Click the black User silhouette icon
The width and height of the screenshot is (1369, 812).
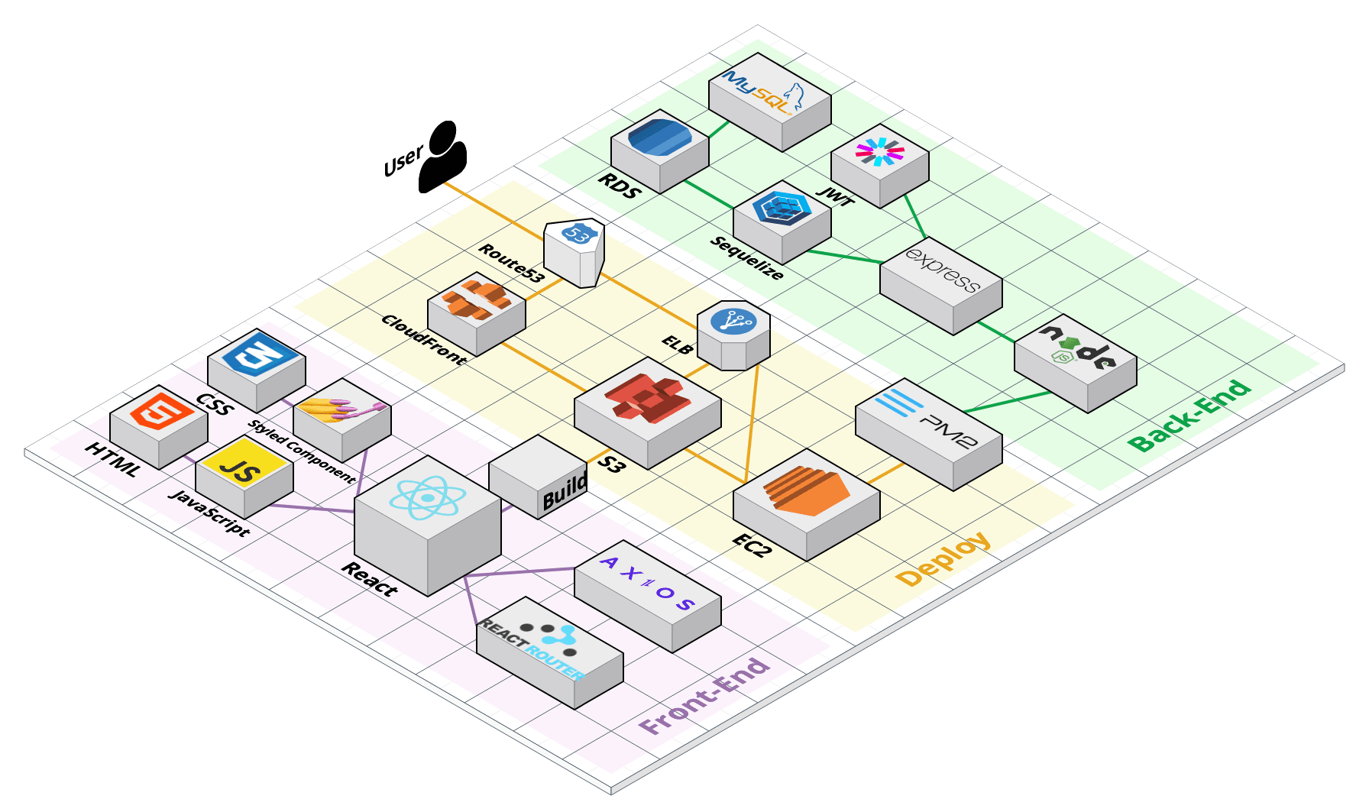[x=442, y=159]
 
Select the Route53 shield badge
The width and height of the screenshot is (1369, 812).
[x=577, y=235]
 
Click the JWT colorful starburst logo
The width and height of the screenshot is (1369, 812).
[x=880, y=151]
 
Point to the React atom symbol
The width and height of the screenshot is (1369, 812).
[x=427, y=498]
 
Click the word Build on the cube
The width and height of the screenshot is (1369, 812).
[x=565, y=491]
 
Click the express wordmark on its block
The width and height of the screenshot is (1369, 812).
[x=941, y=270]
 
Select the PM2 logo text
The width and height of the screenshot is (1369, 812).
[x=926, y=418]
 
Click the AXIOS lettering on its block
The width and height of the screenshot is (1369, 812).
[x=647, y=583]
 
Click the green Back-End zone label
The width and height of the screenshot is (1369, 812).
[x=1189, y=416]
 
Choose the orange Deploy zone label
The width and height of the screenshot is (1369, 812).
[x=943, y=559]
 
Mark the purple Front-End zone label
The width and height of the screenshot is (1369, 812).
[x=704, y=696]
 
